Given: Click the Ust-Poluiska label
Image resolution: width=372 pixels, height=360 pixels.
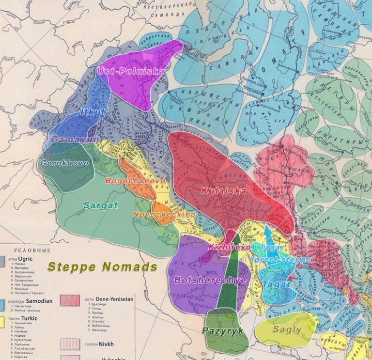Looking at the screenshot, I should (130, 71).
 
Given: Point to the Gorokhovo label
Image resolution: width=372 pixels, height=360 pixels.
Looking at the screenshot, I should (64, 163).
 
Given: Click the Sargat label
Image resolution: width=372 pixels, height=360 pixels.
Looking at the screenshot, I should (101, 205).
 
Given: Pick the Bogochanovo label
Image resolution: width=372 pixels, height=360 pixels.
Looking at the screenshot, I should (135, 181).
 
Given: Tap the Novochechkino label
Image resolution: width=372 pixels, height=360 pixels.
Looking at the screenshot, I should (165, 214).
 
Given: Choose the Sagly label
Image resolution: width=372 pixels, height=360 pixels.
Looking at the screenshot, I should (287, 329).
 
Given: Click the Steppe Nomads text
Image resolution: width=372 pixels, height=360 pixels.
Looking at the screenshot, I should (102, 267).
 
